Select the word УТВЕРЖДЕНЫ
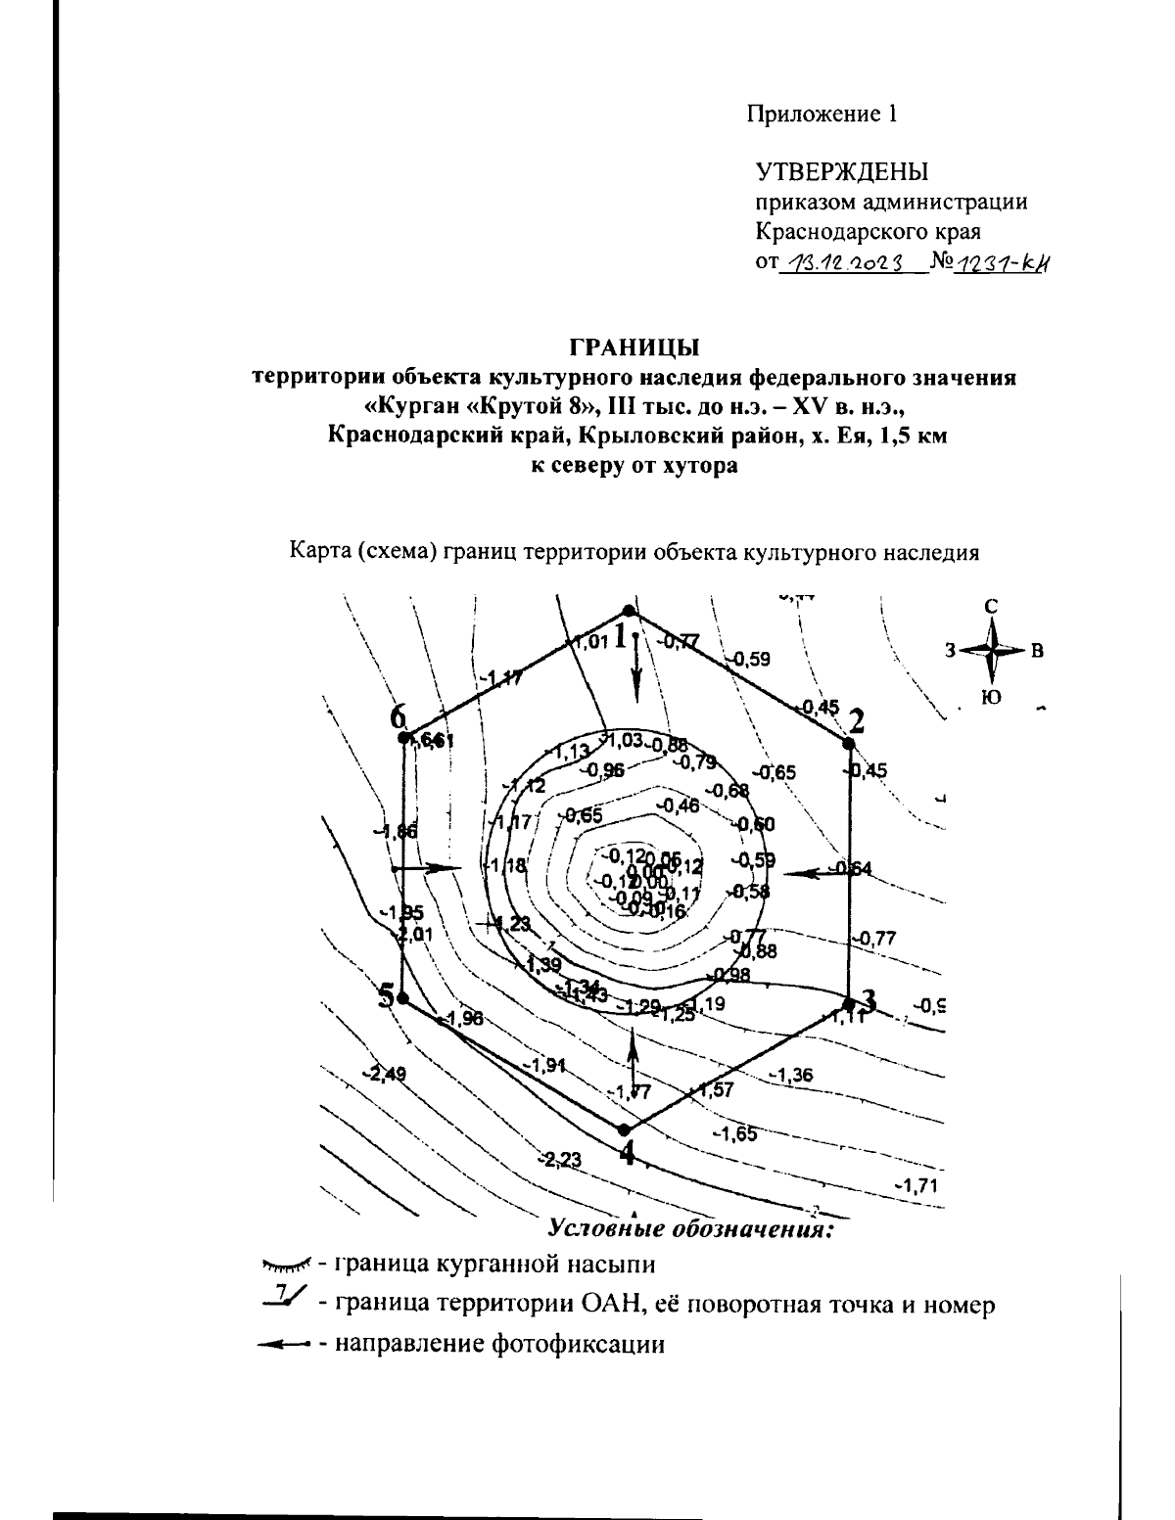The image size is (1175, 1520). [x=842, y=172]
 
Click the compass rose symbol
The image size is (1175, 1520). [x=993, y=650]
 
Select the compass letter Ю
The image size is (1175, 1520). [x=992, y=697]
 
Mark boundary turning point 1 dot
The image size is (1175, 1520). [x=631, y=611]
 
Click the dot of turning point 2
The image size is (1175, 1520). [x=848, y=743]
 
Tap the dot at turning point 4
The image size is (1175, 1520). [x=624, y=1129]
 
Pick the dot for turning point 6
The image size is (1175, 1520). [x=403, y=737]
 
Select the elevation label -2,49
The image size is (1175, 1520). [x=384, y=1075]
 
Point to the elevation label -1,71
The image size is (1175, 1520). [x=917, y=1186]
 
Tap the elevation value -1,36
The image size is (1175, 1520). [x=790, y=1075]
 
